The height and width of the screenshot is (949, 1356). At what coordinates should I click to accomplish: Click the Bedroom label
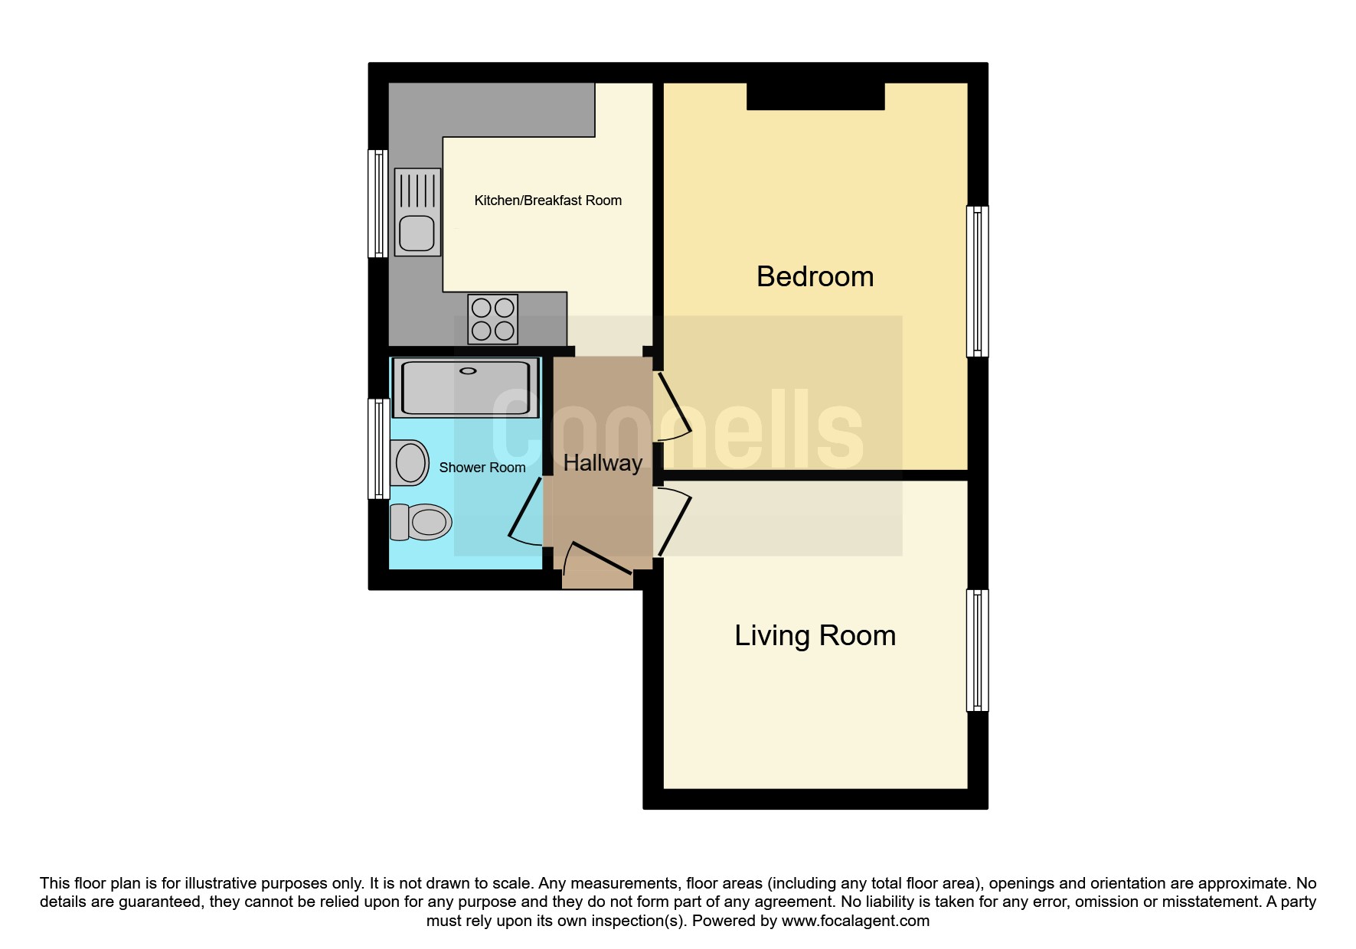pos(815,276)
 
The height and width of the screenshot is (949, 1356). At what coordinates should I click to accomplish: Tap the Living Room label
pos(815,636)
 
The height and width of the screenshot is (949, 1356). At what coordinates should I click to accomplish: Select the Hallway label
pos(603,463)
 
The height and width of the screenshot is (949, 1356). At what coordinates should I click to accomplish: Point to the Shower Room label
pos(482,468)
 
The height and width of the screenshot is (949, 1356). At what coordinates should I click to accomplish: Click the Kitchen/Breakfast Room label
pos(547,201)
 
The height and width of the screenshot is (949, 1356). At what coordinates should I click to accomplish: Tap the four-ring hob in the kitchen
pos(493,319)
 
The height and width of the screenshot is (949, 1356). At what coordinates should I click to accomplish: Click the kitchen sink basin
pos(417,233)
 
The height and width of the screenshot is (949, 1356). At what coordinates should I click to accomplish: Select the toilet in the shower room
pos(420,523)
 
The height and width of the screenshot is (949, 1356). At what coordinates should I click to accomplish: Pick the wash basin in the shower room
pos(409,462)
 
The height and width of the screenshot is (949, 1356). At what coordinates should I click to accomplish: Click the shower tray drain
pos(467,371)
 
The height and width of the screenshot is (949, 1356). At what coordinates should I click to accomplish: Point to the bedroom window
pos(977,281)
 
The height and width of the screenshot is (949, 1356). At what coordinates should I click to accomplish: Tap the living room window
pos(977,651)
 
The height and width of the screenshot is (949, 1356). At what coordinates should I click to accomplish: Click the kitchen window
pos(378,204)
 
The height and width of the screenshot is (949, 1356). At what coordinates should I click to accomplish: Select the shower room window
pos(378,448)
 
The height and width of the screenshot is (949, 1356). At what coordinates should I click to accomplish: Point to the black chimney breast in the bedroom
pos(815,96)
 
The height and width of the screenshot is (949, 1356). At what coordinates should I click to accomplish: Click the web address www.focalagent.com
pos(855,921)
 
